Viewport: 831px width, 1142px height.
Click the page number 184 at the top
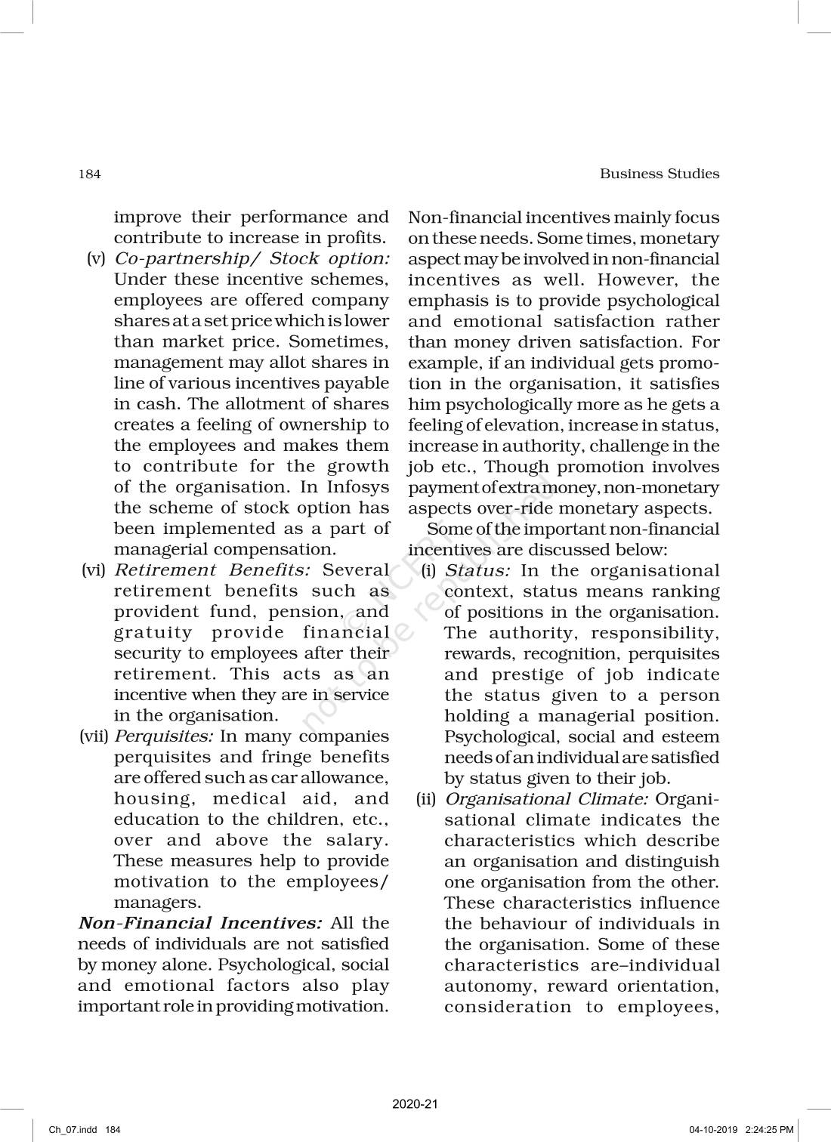(89, 174)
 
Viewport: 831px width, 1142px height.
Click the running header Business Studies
(659, 174)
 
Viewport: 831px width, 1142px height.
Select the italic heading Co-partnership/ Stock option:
(252, 258)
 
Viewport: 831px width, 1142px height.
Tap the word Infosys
(357, 487)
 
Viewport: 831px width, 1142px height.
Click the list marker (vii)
(94, 736)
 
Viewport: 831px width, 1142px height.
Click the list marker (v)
(96, 258)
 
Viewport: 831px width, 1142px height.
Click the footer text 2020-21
(415, 1104)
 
